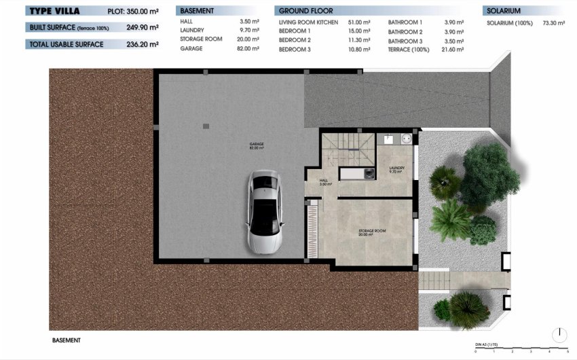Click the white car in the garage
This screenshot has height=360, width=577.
pos(263,211)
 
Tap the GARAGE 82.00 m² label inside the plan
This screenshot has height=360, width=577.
pos(256,145)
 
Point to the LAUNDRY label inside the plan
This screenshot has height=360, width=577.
pos(396,169)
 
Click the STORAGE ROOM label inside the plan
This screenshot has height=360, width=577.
pos(372,232)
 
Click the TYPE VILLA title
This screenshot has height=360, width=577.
pos(55,11)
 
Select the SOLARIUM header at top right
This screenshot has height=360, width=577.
pos(503,11)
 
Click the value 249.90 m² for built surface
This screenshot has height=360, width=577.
pos(144,27)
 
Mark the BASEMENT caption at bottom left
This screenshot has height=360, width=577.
pos(66,340)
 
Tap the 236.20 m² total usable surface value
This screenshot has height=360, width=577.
pos(144,44)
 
